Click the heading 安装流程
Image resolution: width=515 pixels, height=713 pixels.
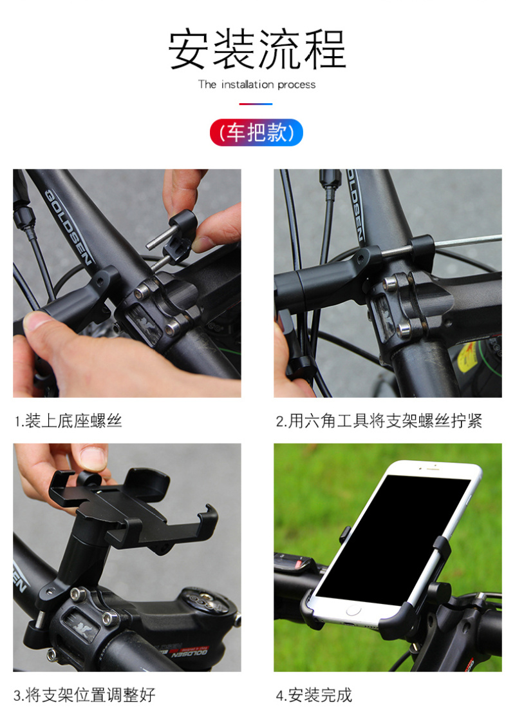pos(257,50)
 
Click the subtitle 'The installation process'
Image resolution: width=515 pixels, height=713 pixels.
pos(257,84)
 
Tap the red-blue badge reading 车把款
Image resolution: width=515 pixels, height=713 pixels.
pos(257,132)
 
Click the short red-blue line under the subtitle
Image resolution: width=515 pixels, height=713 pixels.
pos(256,104)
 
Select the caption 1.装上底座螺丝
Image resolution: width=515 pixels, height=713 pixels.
pos(68,420)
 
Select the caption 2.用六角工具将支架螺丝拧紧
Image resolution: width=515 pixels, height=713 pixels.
pos(379,420)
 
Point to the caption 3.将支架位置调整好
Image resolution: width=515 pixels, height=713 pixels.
pos(84,694)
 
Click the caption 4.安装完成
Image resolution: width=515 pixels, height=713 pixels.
pos(314,694)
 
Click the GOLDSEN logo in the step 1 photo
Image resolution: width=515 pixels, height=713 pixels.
pos(68,227)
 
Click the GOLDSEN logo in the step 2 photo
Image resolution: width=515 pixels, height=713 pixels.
pos(355,204)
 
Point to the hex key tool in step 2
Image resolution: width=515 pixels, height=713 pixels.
pos(468,241)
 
